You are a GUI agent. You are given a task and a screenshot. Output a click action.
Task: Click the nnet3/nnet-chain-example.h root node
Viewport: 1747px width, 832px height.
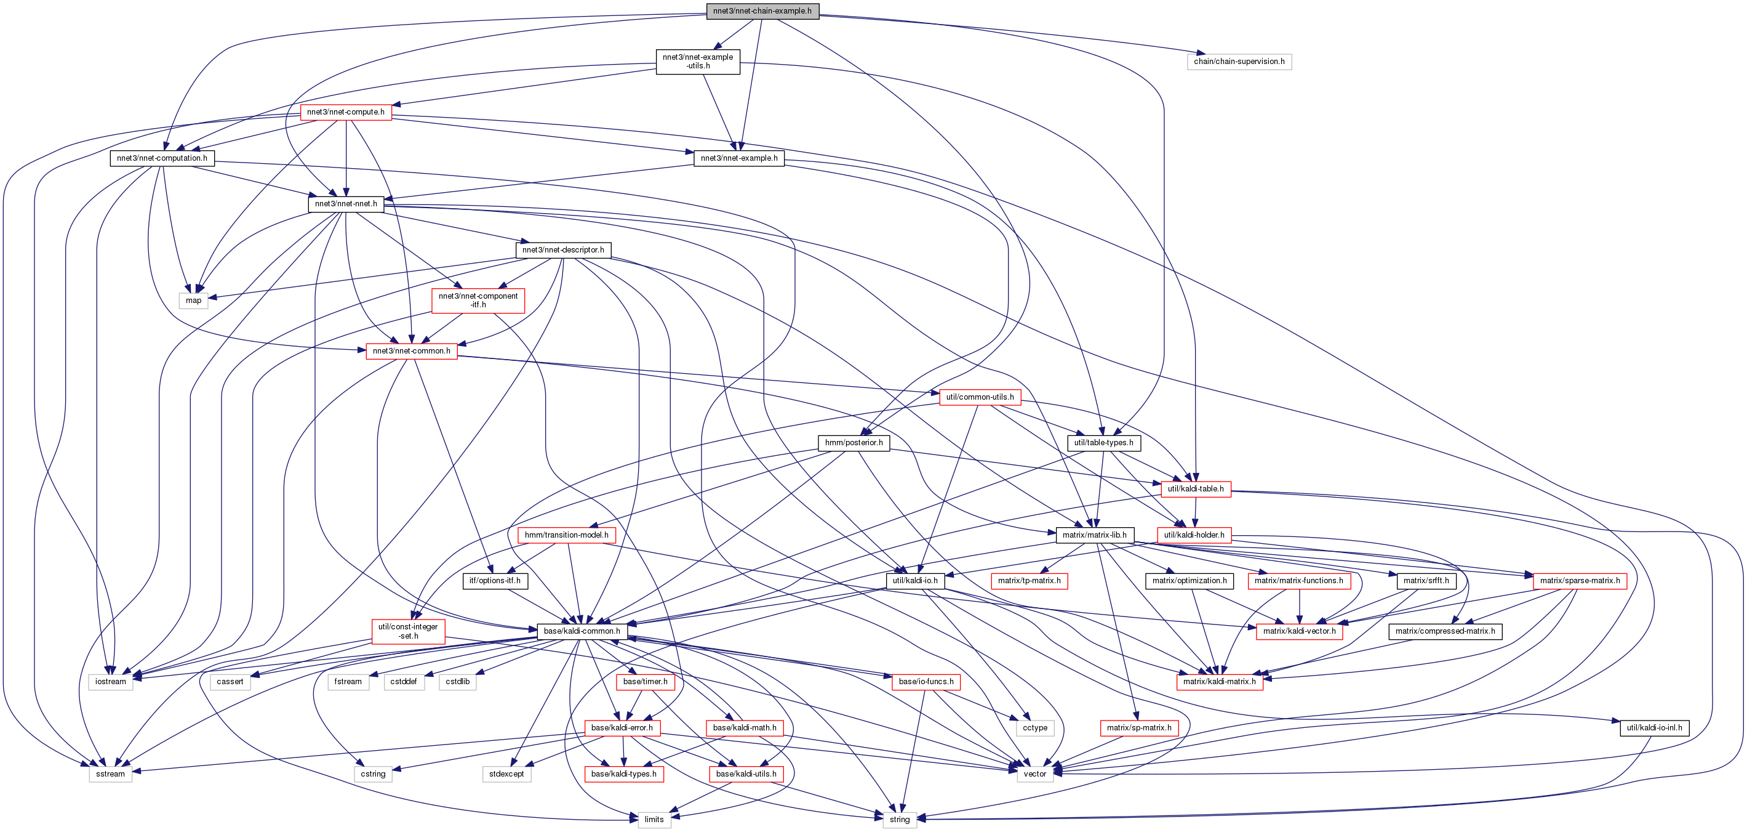pos(762,11)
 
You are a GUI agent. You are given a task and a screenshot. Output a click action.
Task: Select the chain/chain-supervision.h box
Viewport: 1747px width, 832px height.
pos(1239,62)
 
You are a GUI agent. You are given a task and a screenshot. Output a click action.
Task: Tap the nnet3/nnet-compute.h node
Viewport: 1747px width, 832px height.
pos(346,112)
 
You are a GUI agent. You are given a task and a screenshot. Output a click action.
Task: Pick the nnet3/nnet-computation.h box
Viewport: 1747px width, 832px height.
pos(162,158)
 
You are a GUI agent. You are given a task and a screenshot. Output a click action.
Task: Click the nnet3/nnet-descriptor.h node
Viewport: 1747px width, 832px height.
pos(563,250)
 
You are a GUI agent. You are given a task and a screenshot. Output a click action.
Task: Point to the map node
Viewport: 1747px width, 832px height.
pos(193,301)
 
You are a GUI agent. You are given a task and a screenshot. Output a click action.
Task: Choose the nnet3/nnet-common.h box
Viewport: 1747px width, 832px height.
pos(412,351)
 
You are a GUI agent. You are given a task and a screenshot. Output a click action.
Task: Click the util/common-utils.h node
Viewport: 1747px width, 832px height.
pos(980,397)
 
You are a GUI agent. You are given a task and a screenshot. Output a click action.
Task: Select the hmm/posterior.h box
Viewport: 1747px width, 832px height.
pos(854,442)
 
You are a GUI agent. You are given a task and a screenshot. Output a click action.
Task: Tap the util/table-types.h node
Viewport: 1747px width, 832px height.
pos(1103,442)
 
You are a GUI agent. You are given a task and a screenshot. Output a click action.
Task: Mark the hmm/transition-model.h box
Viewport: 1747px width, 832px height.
pos(566,535)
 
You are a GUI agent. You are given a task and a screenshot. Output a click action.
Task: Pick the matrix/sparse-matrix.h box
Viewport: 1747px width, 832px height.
pos(1580,581)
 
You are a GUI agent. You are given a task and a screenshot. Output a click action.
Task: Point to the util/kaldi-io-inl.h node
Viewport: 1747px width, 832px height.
pos(1654,727)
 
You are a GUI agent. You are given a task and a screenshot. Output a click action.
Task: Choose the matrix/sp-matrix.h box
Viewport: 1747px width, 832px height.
pos(1138,727)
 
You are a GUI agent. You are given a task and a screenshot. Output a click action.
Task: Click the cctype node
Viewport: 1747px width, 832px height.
pos(1035,727)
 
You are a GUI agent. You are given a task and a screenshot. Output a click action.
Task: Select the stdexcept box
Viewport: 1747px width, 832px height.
pos(506,773)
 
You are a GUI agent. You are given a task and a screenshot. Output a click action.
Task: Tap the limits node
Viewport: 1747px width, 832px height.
pos(654,820)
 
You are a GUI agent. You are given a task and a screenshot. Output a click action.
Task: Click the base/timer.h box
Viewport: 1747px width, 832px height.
pos(645,681)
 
